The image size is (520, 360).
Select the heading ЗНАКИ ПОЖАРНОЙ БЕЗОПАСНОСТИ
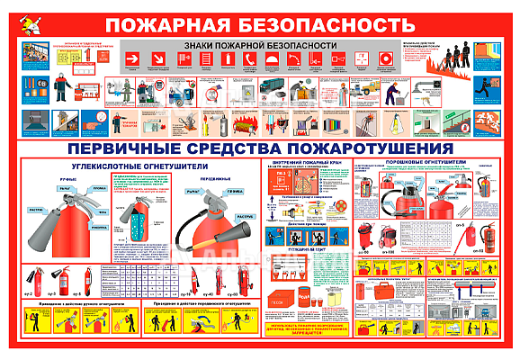tap(261, 44)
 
